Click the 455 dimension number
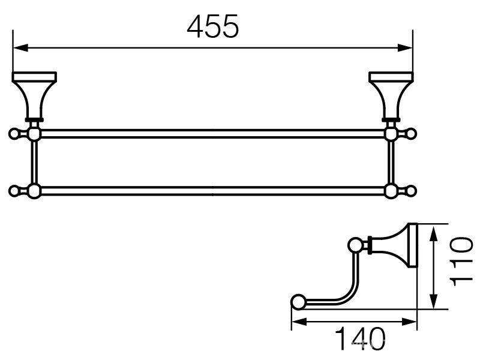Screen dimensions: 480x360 [x=212, y=26]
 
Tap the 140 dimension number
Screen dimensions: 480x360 [x=361, y=339]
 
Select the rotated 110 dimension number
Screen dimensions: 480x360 [x=462, y=261]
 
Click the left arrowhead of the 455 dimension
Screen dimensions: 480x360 [x=20, y=48]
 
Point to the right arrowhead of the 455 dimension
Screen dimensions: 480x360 [x=405, y=48]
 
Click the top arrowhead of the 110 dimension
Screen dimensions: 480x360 [x=433, y=235]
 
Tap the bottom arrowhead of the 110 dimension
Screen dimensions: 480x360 [x=433, y=301]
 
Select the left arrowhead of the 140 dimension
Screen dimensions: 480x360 [x=299, y=322]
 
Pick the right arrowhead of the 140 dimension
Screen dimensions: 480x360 [x=409, y=322]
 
